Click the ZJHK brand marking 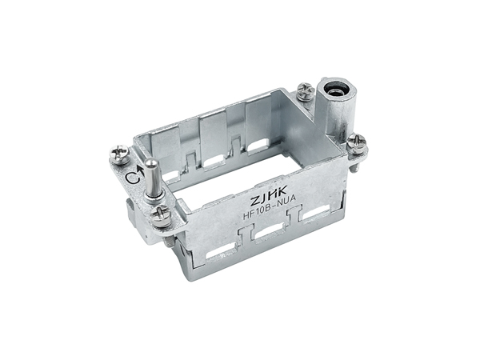point(269,196)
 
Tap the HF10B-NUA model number point(270,207)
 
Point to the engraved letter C point(133,178)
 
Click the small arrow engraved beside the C point(141,171)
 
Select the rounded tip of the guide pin point(150,163)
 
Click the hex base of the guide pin point(154,197)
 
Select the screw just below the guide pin point(161,216)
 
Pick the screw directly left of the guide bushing point(306,91)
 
